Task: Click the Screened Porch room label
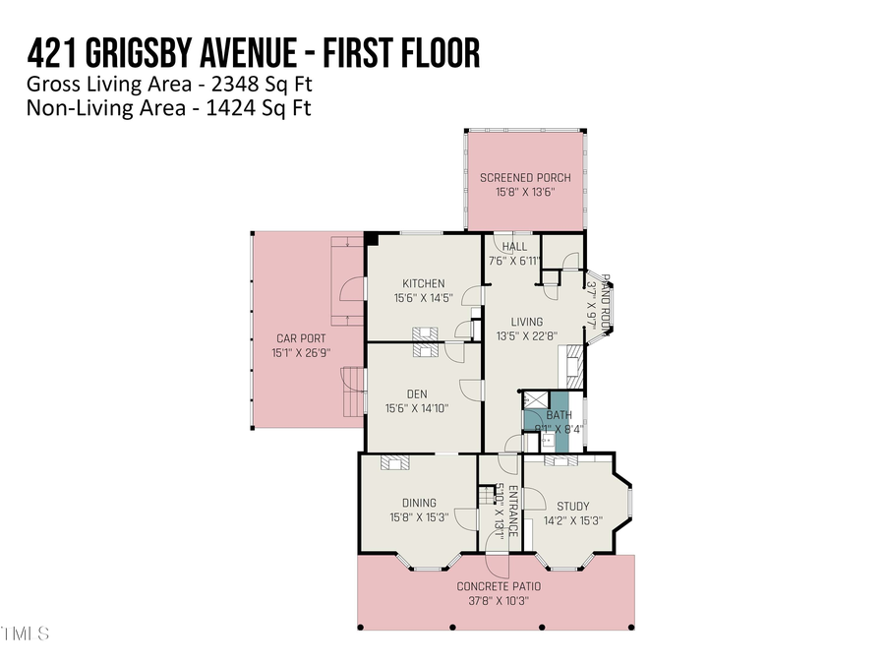click(524, 178)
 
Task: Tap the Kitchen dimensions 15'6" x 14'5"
click(423, 298)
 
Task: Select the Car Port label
click(295, 338)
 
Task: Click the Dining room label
click(419, 503)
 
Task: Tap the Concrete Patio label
click(498, 586)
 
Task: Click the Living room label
click(526, 321)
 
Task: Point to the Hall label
click(514, 247)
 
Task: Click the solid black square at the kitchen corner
click(371, 238)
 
